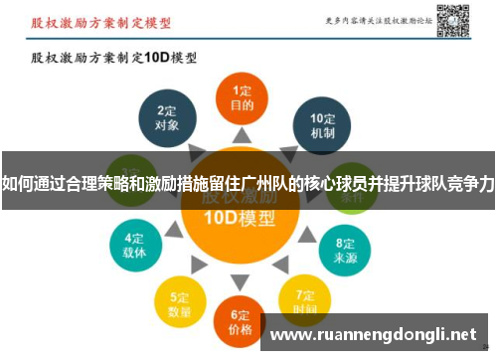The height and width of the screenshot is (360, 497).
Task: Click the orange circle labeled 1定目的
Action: (242, 96)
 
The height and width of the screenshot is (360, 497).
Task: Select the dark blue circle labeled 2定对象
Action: (167, 119)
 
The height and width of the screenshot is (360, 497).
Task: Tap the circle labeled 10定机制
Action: (322, 124)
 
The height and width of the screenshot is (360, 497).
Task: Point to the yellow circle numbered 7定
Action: (304, 298)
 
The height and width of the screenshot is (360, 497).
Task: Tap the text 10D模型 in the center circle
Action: (240, 220)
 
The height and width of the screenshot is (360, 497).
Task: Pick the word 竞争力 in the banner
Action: (473, 183)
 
